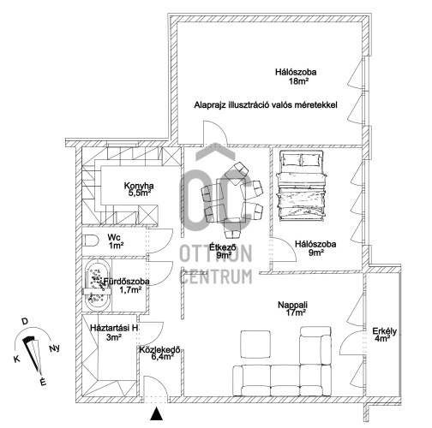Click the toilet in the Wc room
coord(90,241)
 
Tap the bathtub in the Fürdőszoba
coord(98,285)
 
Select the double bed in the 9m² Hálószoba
coord(302,186)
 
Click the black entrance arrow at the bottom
coord(156,413)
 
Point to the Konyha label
coord(139,186)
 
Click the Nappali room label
coord(292,305)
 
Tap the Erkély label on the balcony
coord(384,331)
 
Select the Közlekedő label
coord(159,349)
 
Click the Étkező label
coord(223,247)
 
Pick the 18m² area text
coord(298,81)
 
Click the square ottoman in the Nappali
coord(255,344)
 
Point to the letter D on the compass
coord(25,322)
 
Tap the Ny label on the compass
coord(54,348)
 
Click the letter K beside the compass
coord(17,359)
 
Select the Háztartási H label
coord(114,328)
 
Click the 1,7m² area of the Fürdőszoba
coord(130,290)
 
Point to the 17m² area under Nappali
coord(296,312)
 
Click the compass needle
coord(33,354)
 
